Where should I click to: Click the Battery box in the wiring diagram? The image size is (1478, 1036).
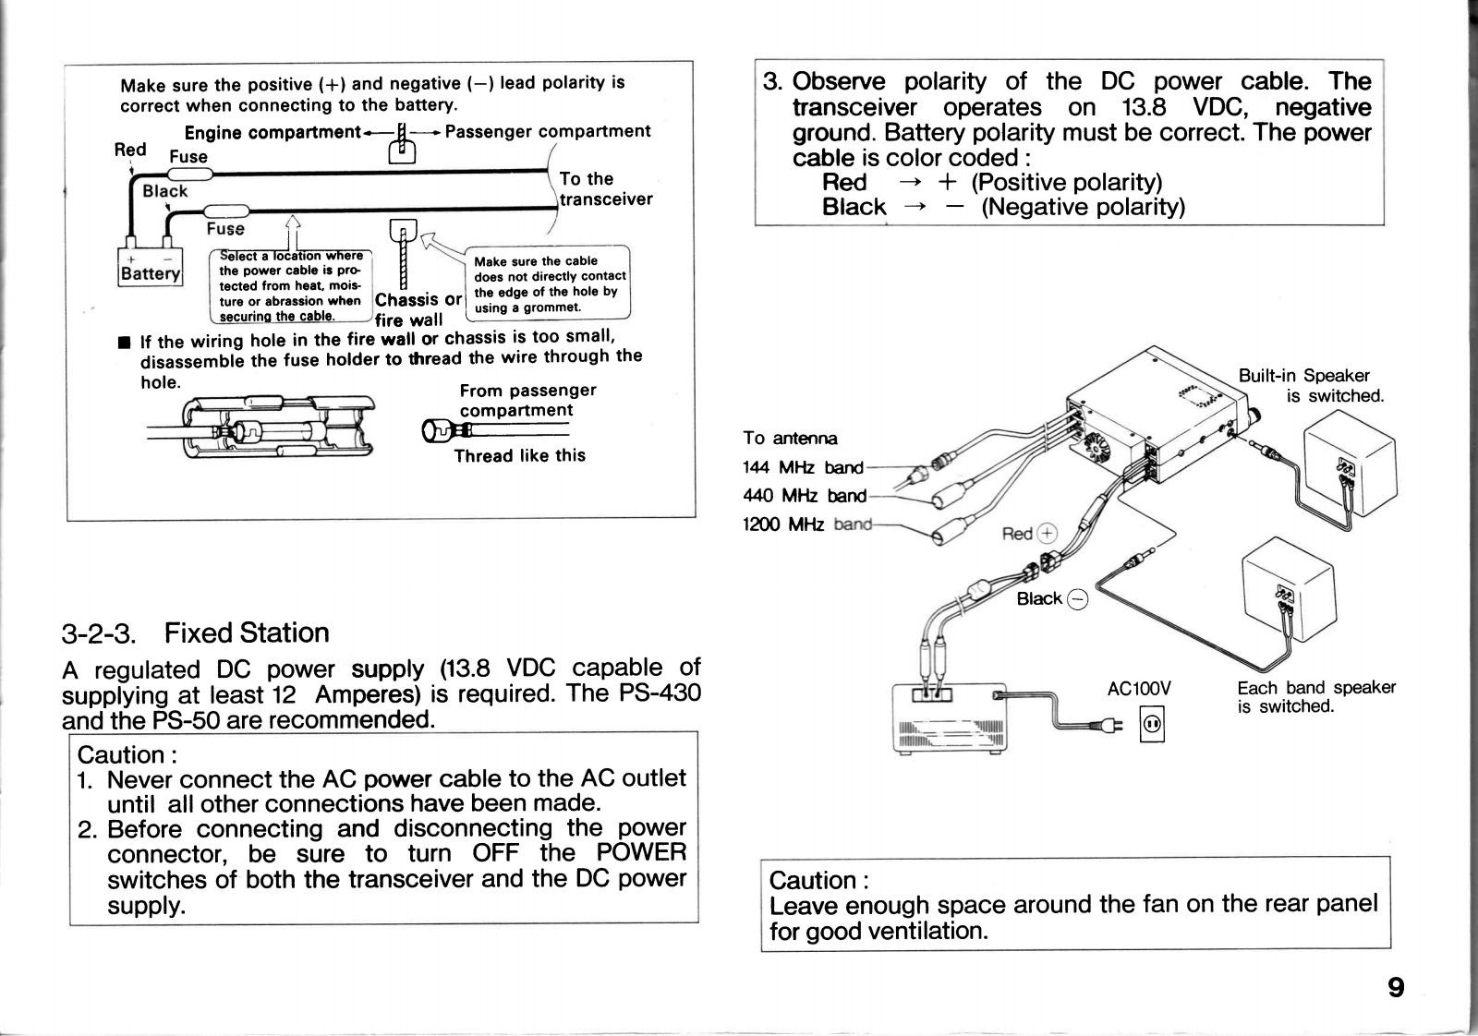(x=151, y=268)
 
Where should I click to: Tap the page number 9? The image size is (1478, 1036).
(x=1396, y=988)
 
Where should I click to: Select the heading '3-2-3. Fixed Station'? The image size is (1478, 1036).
(x=196, y=633)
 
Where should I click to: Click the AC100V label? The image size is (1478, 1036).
(x=1138, y=688)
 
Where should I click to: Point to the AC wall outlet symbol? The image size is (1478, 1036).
(x=1152, y=725)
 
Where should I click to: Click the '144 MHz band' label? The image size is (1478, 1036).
(x=803, y=467)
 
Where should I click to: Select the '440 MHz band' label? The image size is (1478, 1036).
(x=805, y=496)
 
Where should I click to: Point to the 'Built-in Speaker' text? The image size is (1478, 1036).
(x=1303, y=376)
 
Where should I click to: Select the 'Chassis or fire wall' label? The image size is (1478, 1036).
(x=418, y=309)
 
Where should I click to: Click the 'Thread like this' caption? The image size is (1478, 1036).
(x=519, y=455)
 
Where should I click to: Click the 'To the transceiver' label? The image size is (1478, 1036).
(x=604, y=189)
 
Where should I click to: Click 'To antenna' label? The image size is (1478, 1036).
(x=790, y=438)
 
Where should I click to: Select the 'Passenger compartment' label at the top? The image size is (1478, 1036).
(x=548, y=131)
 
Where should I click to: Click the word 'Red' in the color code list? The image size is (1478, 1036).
(x=844, y=182)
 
